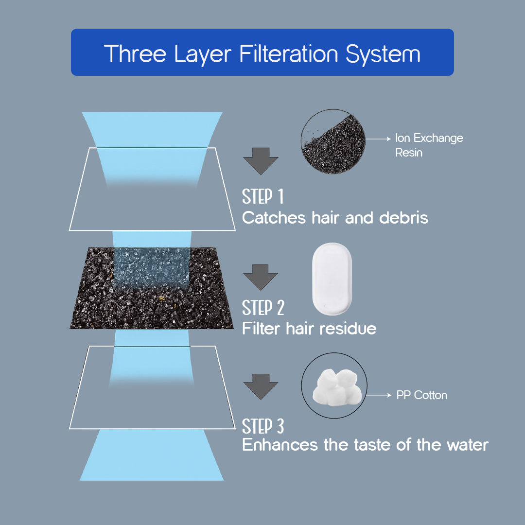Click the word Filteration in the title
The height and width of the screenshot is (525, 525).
pyautogui.click(x=288, y=53)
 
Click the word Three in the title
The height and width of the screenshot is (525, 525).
pyautogui.click(x=135, y=53)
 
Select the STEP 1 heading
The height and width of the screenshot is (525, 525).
pyautogui.click(x=263, y=196)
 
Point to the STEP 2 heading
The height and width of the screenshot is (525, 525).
pyautogui.click(x=263, y=308)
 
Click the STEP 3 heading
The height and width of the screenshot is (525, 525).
pyautogui.click(x=263, y=426)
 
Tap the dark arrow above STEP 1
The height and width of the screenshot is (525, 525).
pyautogui.click(x=261, y=161)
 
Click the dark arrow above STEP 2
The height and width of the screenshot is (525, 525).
pyautogui.click(x=261, y=277)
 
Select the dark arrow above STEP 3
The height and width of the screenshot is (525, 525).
pyautogui.click(x=261, y=387)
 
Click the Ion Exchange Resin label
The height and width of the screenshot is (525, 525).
pyautogui.click(x=429, y=145)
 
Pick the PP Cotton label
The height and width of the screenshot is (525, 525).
pyautogui.click(x=421, y=395)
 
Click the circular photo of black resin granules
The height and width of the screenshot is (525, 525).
pyautogui.click(x=333, y=141)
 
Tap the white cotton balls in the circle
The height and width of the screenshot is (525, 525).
pyautogui.click(x=337, y=387)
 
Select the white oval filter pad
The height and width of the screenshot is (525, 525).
pyautogui.click(x=332, y=279)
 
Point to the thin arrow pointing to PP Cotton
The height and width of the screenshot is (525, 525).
pyautogui.click(x=379, y=395)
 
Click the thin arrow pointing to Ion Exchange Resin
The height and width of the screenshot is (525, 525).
pyautogui.click(x=378, y=139)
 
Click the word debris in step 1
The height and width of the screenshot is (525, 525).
pyautogui.click(x=403, y=218)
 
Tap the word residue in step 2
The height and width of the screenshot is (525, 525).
pyautogui.click(x=348, y=329)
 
